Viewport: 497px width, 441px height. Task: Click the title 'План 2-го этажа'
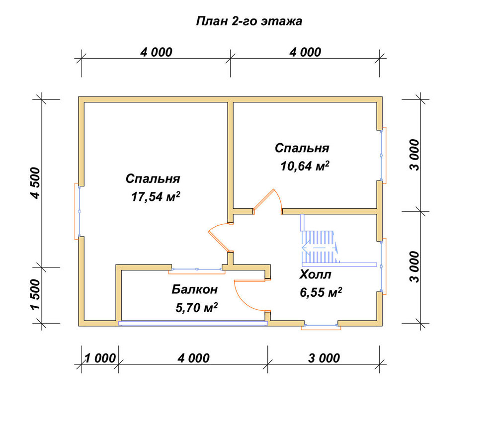(x=249, y=21)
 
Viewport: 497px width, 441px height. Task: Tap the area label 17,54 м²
(x=156, y=196)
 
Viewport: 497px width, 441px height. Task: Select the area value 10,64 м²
(x=305, y=166)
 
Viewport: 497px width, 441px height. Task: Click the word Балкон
(x=195, y=289)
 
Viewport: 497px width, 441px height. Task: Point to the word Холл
(x=315, y=274)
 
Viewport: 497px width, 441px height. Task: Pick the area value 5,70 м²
(x=196, y=307)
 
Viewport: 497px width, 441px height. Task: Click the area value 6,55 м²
(x=321, y=292)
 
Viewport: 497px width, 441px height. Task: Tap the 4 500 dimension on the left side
(x=35, y=183)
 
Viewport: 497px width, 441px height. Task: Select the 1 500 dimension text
(x=35, y=294)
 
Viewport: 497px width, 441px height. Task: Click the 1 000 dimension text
(x=100, y=358)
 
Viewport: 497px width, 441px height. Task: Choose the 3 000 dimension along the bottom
(x=324, y=358)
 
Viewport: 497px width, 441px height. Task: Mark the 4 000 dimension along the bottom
(x=193, y=358)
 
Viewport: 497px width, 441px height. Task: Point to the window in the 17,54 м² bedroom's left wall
(x=78, y=211)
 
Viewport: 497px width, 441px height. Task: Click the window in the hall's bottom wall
(x=321, y=326)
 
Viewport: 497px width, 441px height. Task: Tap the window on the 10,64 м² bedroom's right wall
(x=383, y=155)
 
